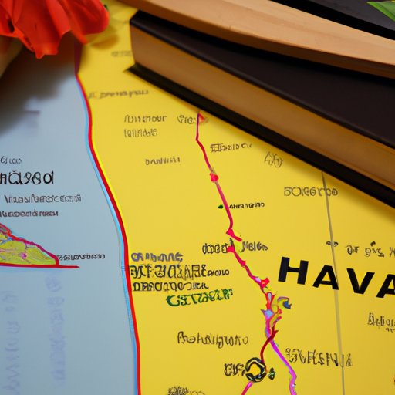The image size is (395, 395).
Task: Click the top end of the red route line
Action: click(201, 118)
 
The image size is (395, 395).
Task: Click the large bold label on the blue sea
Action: click(27, 178)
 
